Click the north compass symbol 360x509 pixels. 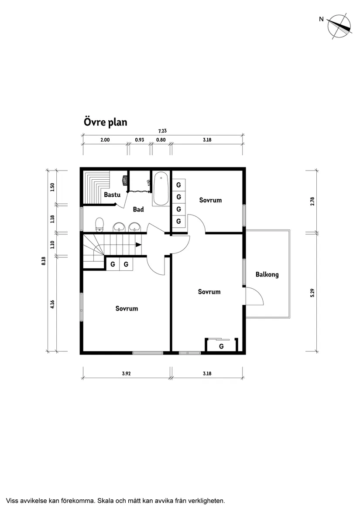(x=339, y=26)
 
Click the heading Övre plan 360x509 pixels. (x=105, y=122)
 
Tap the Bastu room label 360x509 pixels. (x=112, y=195)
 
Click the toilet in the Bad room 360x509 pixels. (x=99, y=224)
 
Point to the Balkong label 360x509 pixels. (x=267, y=275)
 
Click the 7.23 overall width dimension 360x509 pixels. (x=162, y=130)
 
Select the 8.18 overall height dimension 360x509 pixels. (x=44, y=260)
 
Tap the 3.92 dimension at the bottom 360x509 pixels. (x=126, y=373)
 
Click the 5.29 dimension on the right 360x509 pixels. (x=312, y=292)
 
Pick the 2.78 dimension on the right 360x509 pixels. (x=312, y=201)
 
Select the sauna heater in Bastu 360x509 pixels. (x=125, y=179)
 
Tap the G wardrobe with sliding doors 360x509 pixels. (x=221, y=346)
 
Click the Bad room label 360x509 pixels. (x=138, y=210)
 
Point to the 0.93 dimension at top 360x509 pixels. (x=140, y=140)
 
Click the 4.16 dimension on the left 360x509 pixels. (x=52, y=304)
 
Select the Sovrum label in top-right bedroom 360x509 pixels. (x=210, y=200)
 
